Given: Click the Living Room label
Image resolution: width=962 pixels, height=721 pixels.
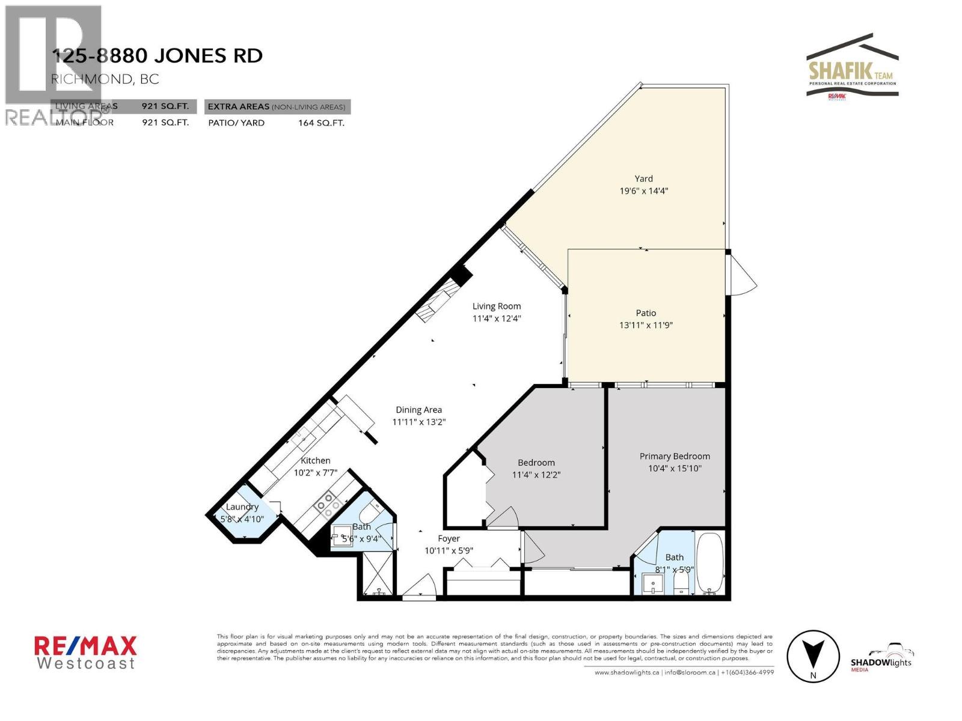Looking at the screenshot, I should pos(496,306).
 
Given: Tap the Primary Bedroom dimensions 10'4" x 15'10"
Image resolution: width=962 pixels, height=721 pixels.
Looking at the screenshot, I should pos(675,469).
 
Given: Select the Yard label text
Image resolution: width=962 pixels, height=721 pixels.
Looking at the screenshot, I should pos(643,178).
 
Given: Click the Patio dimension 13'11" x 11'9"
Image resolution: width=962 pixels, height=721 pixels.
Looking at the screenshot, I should pos(646,325).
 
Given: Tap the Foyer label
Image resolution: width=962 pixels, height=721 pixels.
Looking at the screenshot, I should pos(449,538).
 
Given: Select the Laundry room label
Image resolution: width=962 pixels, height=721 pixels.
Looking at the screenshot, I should pos(242,507).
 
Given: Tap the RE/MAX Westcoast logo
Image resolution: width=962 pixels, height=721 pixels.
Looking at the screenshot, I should pos(85,653).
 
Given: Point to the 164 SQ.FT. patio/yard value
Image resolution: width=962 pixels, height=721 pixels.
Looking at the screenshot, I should pos(321,123).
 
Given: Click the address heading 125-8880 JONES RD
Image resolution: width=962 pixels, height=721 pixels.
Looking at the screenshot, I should pos(158,56).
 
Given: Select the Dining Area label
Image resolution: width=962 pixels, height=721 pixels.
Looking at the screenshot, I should pos(418,410).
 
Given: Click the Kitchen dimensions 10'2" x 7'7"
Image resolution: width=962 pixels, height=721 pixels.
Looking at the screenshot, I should pos(316,473).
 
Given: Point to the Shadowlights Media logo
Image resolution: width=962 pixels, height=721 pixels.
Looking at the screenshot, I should pos(881,659).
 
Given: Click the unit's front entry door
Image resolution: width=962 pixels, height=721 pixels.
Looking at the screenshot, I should pos(420,589).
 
